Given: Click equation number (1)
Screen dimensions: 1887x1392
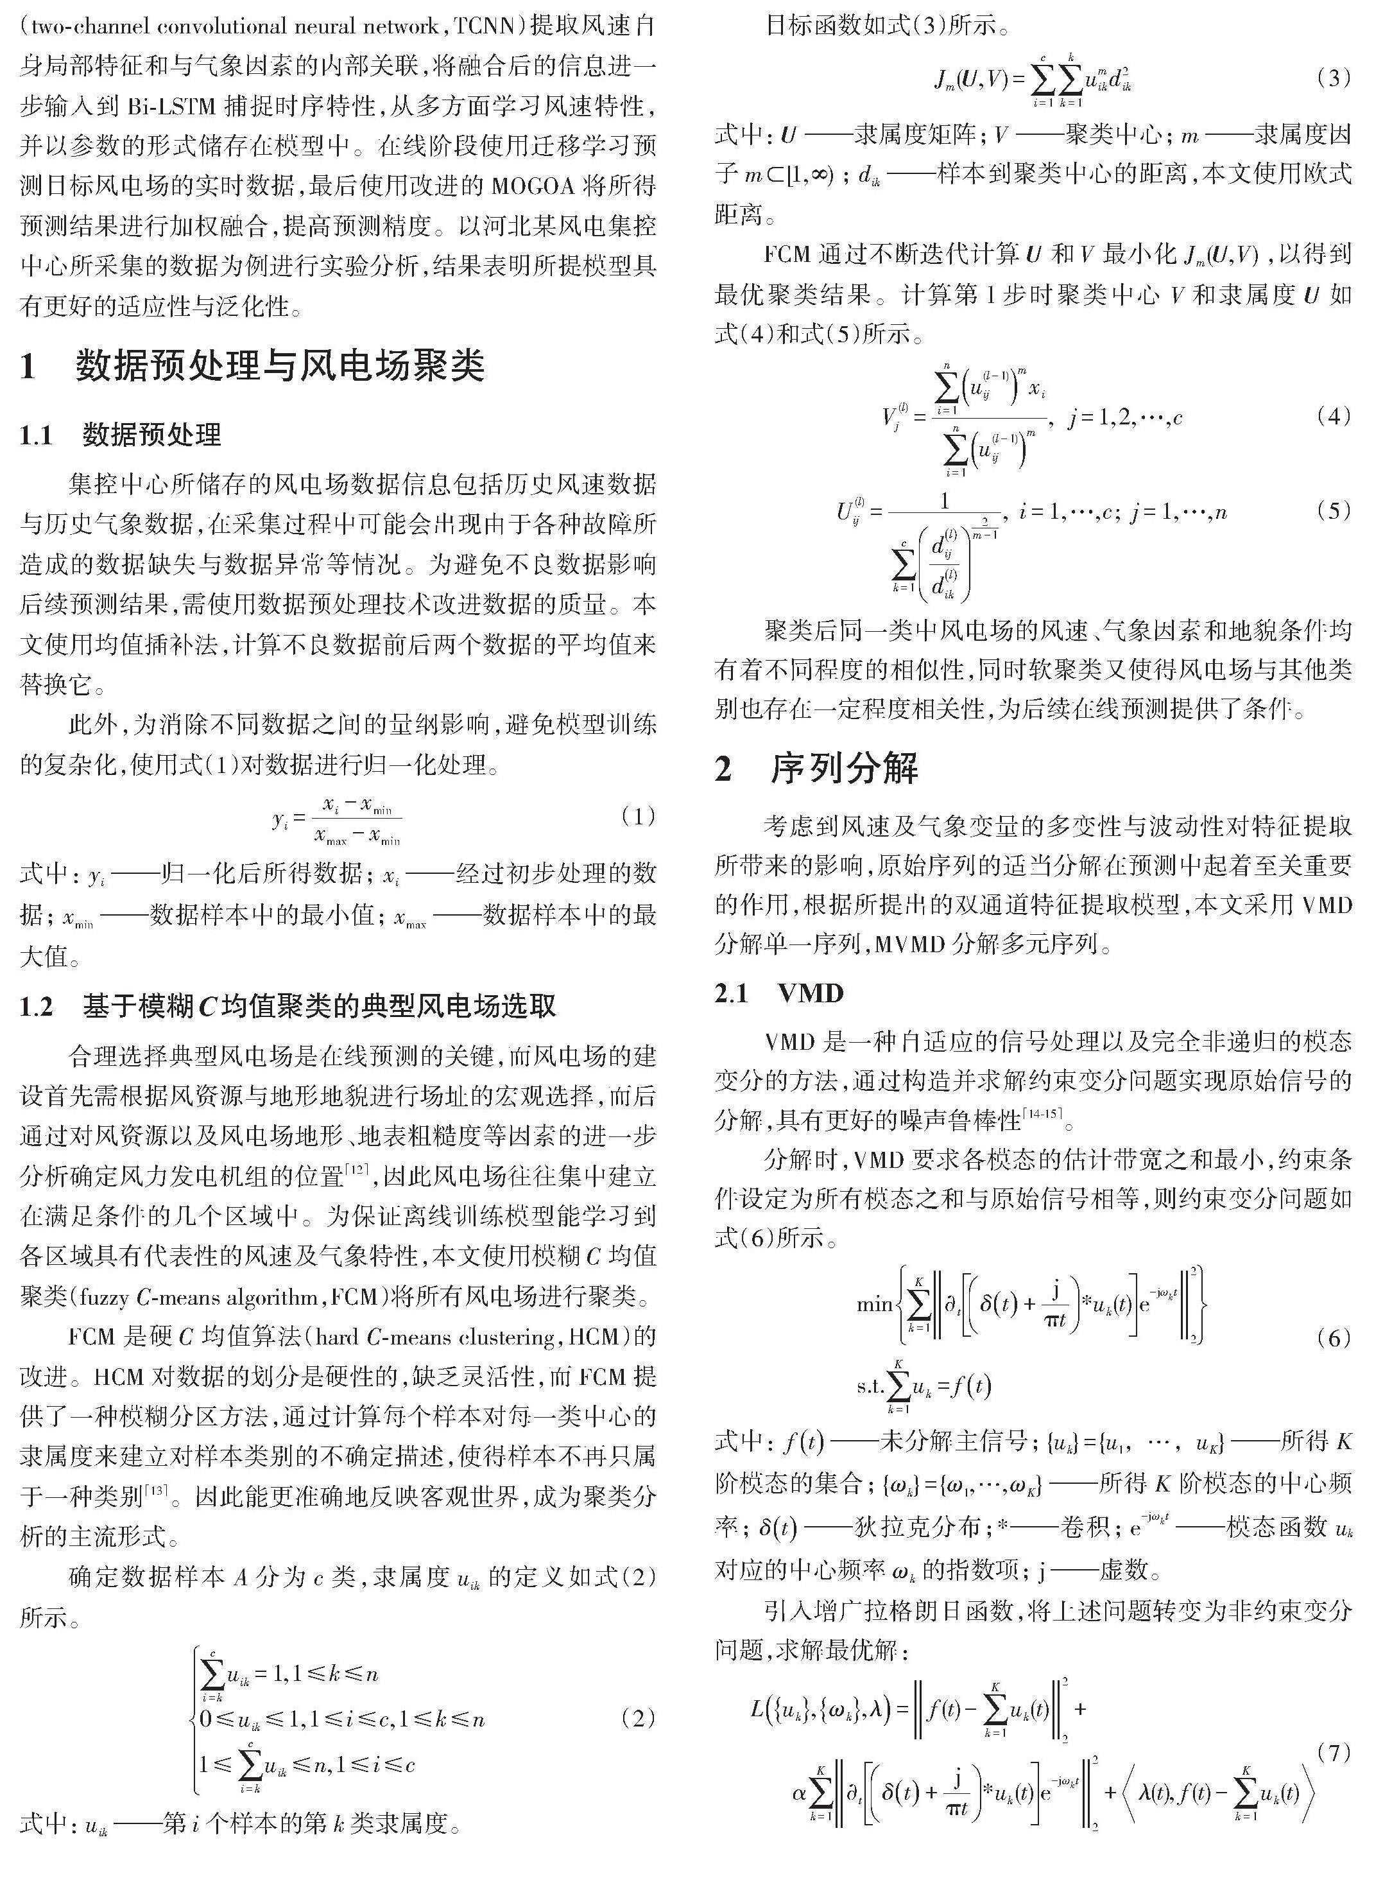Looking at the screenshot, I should point(637,817).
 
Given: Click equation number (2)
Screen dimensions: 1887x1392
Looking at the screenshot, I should point(637,1718).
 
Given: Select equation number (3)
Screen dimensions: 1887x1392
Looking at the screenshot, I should point(1333,78).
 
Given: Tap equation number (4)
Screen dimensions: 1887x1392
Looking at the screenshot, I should point(1333,415).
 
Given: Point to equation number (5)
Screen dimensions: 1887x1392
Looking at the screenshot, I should point(1333,510).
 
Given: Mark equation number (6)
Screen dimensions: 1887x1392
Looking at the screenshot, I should point(1333,1338).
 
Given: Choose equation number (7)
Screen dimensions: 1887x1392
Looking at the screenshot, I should point(1333,1750).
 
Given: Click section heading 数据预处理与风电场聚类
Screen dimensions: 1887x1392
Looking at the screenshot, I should point(280,367).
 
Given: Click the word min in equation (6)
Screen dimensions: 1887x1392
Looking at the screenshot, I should point(874,1305).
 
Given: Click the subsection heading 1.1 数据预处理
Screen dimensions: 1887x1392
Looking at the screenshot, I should point(121,435).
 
